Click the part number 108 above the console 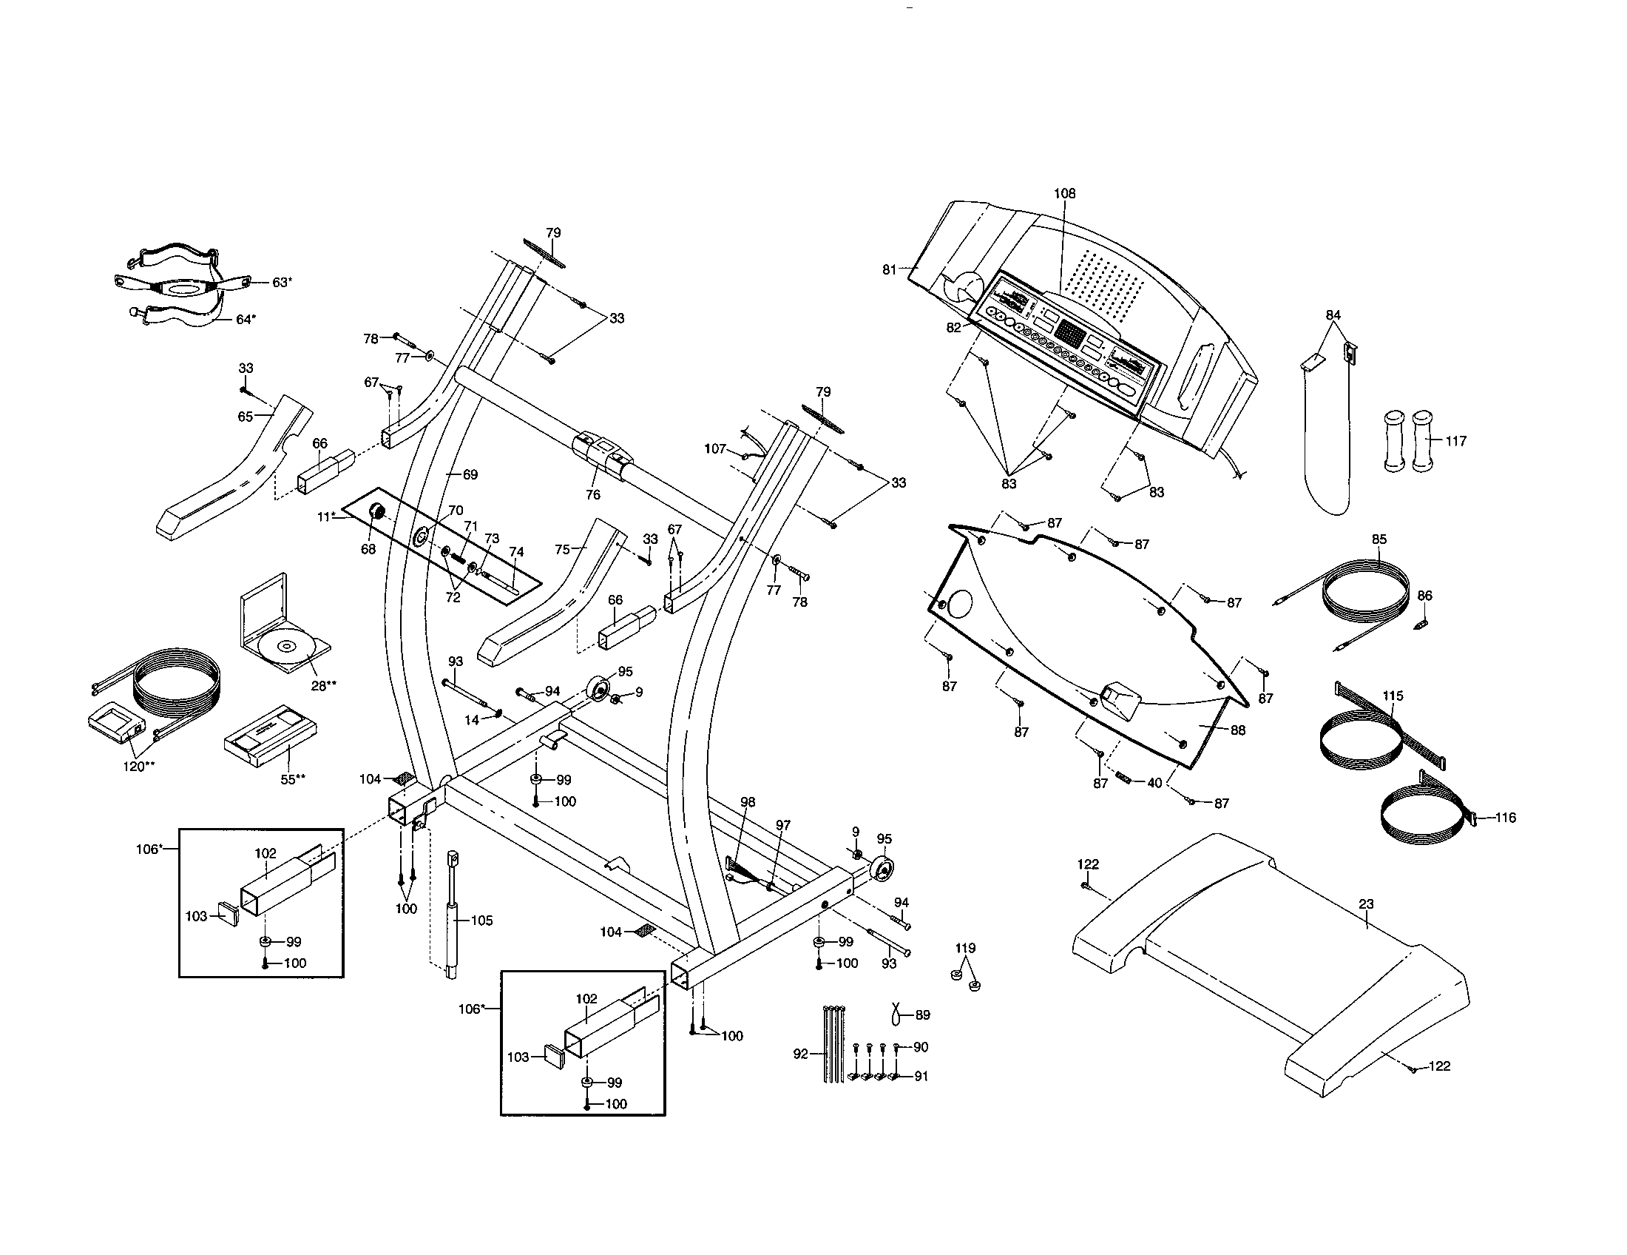coord(1063,194)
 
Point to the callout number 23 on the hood coord(1365,904)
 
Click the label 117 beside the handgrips coord(1455,441)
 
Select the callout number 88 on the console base coord(1237,730)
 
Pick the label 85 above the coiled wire coord(1379,539)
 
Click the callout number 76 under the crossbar coord(593,495)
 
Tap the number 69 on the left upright coord(470,475)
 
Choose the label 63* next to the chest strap coord(282,283)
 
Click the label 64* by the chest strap coord(246,320)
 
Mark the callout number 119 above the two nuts coord(965,948)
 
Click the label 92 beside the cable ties coord(801,1054)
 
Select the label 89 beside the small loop coord(922,1015)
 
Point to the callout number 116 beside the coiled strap coord(1506,818)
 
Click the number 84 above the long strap coord(1333,315)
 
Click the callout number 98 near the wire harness coord(748,802)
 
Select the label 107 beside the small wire coord(715,448)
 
